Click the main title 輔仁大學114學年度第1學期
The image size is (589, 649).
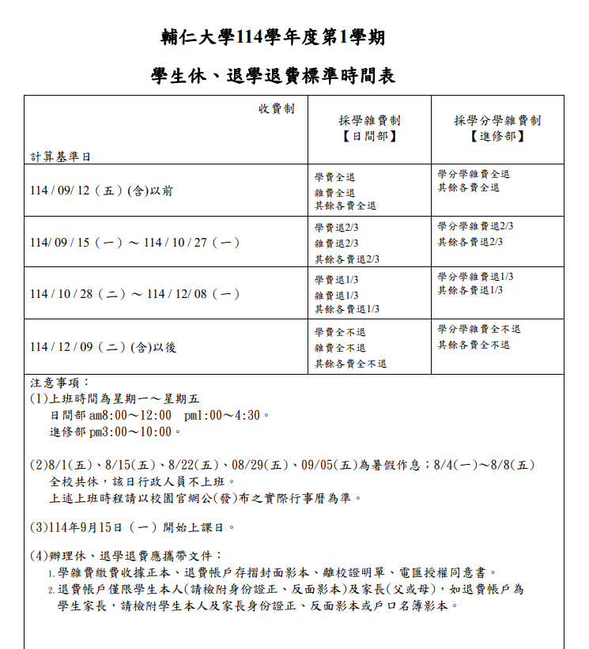[x=273, y=37]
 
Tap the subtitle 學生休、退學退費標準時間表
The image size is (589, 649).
[x=273, y=77]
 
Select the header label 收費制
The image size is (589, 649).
[x=276, y=109]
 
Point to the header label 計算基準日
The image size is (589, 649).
[x=61, y=157]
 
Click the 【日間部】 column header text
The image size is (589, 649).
[x=370, y=136]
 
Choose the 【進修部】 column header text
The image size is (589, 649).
[x=497, y=136]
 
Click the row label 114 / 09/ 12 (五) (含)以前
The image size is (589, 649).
[x=101, y=191]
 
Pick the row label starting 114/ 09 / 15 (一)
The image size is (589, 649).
[x=135, y=243]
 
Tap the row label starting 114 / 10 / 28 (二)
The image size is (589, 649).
[x=135, y=294]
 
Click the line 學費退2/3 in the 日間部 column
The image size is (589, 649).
[x=337, y=228]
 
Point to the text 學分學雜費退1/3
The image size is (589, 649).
[x=476, y=277]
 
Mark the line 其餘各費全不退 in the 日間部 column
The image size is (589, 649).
[x=350, y=364]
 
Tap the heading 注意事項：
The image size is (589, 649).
[x=61, y=383]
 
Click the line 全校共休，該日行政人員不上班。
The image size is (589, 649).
[x=142, y=481]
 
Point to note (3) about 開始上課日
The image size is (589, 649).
[x=133, y=527]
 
